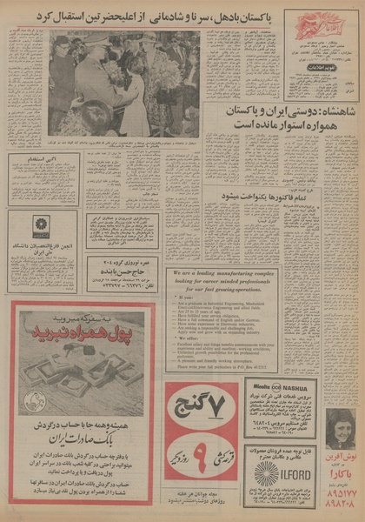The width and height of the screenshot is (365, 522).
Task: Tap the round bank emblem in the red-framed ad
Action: pos(34,402)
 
